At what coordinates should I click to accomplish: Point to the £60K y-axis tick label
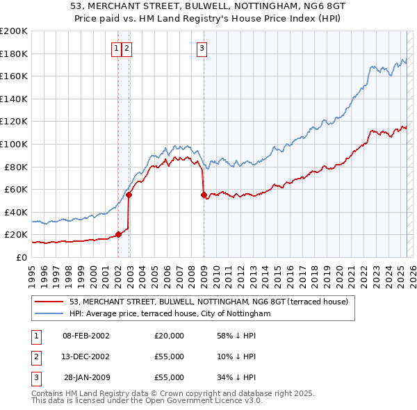coord(15,189)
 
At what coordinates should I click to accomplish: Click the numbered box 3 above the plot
coord(202,48)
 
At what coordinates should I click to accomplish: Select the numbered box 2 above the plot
coord(128,48)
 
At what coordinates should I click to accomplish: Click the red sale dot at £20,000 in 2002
coord(118,234)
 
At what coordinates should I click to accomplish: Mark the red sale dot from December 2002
coord(129,195)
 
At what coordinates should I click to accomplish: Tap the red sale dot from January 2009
coord(204,195)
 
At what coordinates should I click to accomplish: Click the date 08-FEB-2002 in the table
coord(86,336)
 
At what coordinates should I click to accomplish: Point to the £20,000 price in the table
coord(169,336)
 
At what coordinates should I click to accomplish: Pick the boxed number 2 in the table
coord(35,356)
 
